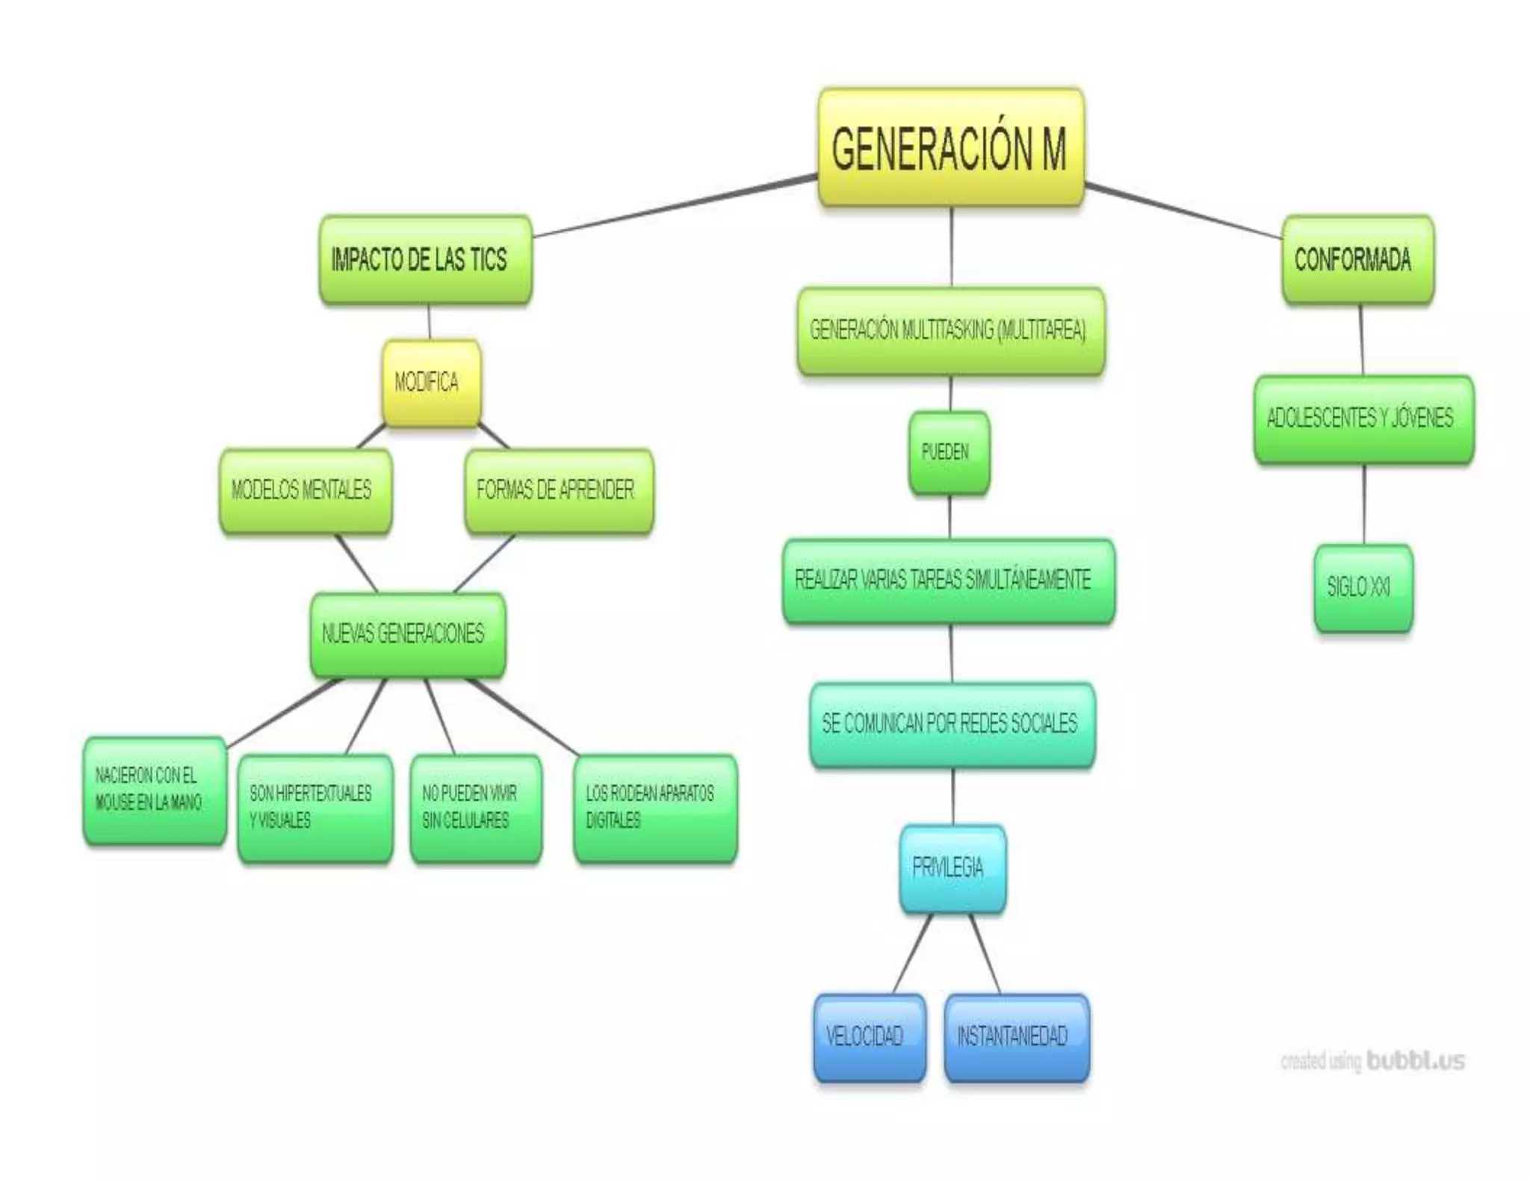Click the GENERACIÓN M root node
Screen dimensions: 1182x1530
click(x=950, y=147)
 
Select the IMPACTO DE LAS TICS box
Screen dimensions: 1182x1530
click(x=425, y=259)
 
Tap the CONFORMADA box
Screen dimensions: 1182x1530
click(x=1357, y=259)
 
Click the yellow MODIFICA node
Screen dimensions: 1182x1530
click(x=431, y=383)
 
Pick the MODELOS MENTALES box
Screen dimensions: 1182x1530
click(x=305, y=490)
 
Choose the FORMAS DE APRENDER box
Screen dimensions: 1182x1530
click(x=558, y=490)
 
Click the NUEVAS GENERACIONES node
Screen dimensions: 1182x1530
click(x=407, y=634)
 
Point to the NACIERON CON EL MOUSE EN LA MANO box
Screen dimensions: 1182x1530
click(x=155, y=790)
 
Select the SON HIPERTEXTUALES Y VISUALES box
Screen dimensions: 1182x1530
click(x=315, y=808)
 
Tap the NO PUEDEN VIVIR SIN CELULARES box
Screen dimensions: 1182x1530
click(x=476, y=808)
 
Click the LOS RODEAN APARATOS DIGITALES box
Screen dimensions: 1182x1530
click(x=655, y=808)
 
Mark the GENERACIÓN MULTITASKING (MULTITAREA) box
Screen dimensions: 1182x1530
click(x=950, y=330)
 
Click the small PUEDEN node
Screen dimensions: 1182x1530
click(x=949, y=452)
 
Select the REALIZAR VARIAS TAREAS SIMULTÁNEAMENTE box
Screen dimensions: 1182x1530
click(x=948, y=580)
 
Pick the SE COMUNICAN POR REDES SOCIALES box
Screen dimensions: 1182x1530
click(x=952, y=723)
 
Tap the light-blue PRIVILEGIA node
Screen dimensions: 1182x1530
click(x=952, y=867)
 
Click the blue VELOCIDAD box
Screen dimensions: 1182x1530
click(x=869, y=1036)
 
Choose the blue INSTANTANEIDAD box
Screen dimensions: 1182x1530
click(x=1016, y=1036)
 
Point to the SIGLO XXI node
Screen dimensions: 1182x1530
click(x=1363, y=587)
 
